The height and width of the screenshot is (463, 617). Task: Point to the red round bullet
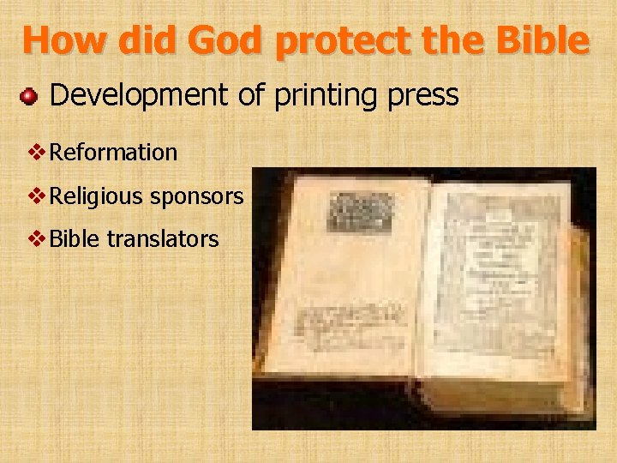[30, 96]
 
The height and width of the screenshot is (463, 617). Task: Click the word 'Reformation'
[114, 153]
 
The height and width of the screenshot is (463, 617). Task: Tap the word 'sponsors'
[196, 197]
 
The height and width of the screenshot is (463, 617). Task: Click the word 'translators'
[163, 238]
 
